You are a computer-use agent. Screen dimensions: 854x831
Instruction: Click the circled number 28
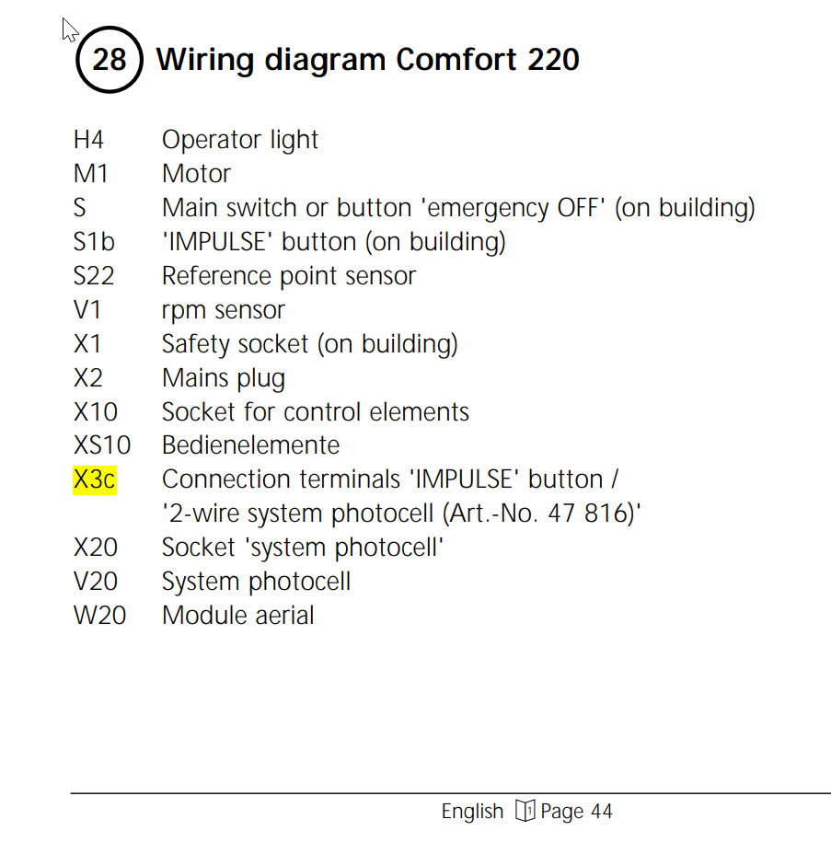[110, 61]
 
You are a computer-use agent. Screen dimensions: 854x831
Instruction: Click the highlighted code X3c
[95, 479]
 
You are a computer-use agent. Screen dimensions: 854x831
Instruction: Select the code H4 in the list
[88, 140]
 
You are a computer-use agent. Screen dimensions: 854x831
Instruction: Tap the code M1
[91, 174]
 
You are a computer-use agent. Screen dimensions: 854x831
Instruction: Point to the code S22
[94, 276]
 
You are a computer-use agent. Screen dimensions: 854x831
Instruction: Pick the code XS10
[102, 445]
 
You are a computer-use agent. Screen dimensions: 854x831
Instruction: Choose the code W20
[99, 615]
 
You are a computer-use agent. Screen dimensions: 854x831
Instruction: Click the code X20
[96, 548]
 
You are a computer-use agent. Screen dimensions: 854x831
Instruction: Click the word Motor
[196, 174]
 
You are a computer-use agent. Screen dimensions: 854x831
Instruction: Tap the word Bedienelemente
[250, 445]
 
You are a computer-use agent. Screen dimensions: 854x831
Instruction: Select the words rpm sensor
[224, 310]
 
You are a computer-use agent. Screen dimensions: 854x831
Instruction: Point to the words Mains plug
[224, 378]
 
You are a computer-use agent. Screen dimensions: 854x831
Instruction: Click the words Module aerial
[237, 615]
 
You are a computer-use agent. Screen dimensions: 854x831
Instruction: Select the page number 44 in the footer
[601, 812]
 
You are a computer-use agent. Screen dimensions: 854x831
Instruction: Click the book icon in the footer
[525, 812]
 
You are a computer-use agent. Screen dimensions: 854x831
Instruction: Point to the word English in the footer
[472, 812]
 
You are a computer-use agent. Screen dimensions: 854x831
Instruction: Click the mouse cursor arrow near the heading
[69, 29]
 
